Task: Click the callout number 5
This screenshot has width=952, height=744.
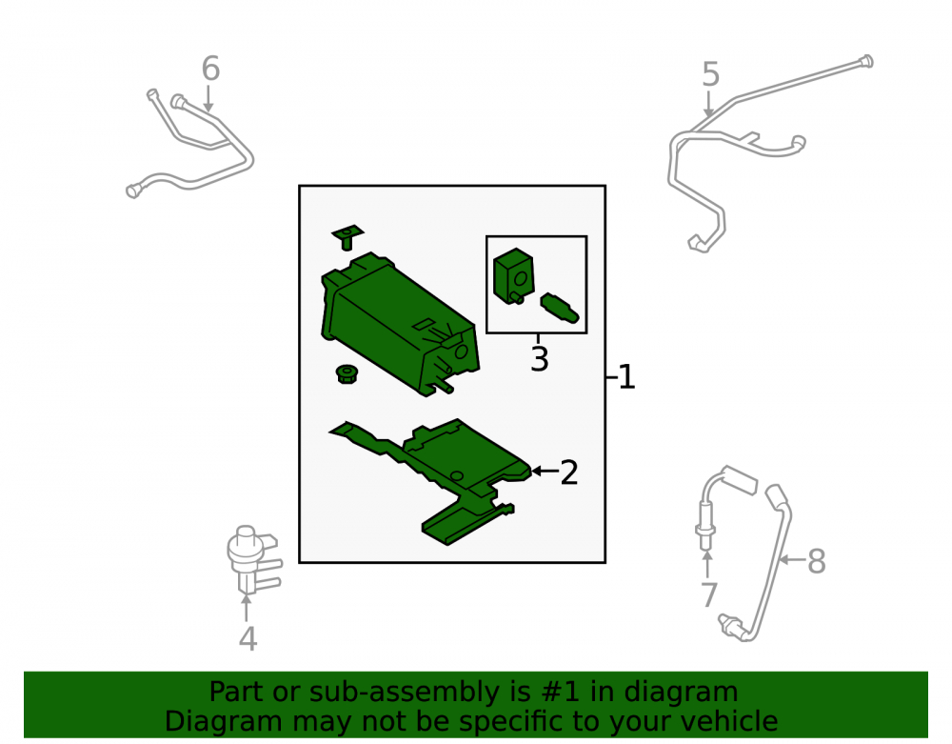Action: coord(710,74)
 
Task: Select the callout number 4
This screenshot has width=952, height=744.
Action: coord(248,639)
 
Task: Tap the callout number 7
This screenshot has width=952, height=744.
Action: coord(709,595)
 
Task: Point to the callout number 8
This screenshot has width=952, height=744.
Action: coord(817,561)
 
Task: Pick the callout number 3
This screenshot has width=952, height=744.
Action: coord(539,359)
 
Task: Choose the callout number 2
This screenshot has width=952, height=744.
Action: coord(569,473)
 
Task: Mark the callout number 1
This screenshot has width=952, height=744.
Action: coord(626,377)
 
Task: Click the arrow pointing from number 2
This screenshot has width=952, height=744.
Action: coord(544,471)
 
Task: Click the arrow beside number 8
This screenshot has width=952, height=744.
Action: coord(792,559)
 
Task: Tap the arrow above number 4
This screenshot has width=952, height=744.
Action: coord(246,608)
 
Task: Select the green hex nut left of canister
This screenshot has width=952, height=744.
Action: coord(347,373)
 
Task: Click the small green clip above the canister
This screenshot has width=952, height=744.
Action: coord(347,236)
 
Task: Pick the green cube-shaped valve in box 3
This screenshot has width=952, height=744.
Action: coord(514,275)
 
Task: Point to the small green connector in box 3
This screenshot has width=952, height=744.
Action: coord(559,309)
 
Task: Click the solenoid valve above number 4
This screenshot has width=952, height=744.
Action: coord(252,560)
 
